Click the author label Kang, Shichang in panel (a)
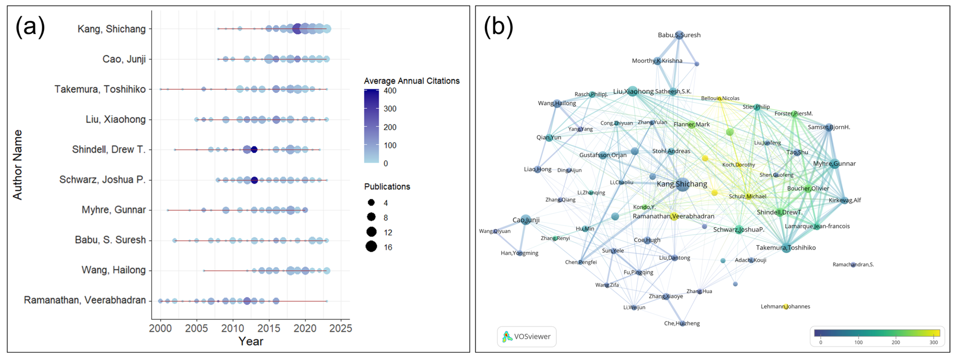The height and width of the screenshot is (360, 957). pyautogui.click(x=112, y=29)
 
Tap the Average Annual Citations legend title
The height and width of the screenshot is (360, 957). pyautogui.click(x=412, y=81)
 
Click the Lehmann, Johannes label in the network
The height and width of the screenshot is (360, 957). pyautogui.click(x=785, y=307)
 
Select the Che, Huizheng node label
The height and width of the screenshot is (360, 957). pyautogui.click(x=682, y=323)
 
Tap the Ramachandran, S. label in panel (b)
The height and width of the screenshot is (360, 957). pyautogui.click(x=853, y=265)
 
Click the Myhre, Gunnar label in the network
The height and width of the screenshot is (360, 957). pyautogui.click(x=834, y=164)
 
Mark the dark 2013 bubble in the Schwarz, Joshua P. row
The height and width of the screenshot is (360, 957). pyautogui.click(x=254, y=180)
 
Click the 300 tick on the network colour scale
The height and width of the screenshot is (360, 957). pyautogui.click(x=933, y=342)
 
